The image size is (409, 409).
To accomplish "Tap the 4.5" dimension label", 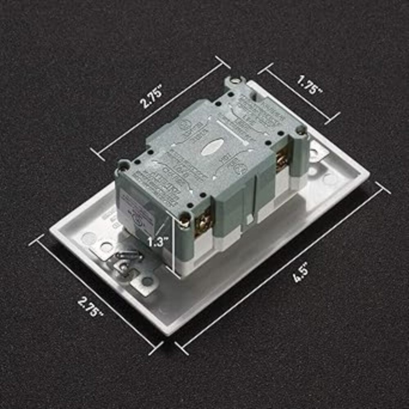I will (301, 274).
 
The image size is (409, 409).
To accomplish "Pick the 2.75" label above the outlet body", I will (152, 97).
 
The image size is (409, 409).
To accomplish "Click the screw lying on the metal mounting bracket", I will (128, 256).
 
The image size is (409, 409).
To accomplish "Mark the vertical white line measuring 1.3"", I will (175, 245).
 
